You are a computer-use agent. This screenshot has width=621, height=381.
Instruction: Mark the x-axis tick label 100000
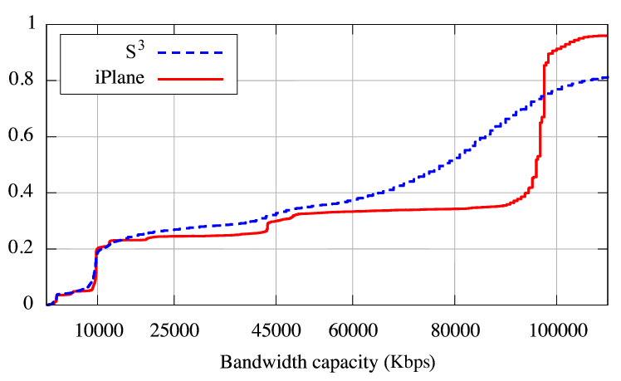click(x=555, y=330)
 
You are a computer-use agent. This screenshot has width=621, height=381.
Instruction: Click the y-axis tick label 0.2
click(x=22, y=249)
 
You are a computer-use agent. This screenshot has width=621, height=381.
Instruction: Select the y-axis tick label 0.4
click(x=22, y=193)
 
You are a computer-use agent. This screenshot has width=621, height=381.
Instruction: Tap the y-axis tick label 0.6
click(x=22, y=137)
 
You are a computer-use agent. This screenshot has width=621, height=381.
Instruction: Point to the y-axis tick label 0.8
click(x=22, y=81)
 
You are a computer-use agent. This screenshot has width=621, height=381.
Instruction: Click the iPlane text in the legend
click(x=120, y=80)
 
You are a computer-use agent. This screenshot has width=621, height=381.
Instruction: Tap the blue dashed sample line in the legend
click(x=191, y=52)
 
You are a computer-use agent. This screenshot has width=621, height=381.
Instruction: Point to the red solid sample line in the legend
click(x=191, y=80)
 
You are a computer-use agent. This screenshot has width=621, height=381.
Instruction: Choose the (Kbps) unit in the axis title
click(x=407, y=363)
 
